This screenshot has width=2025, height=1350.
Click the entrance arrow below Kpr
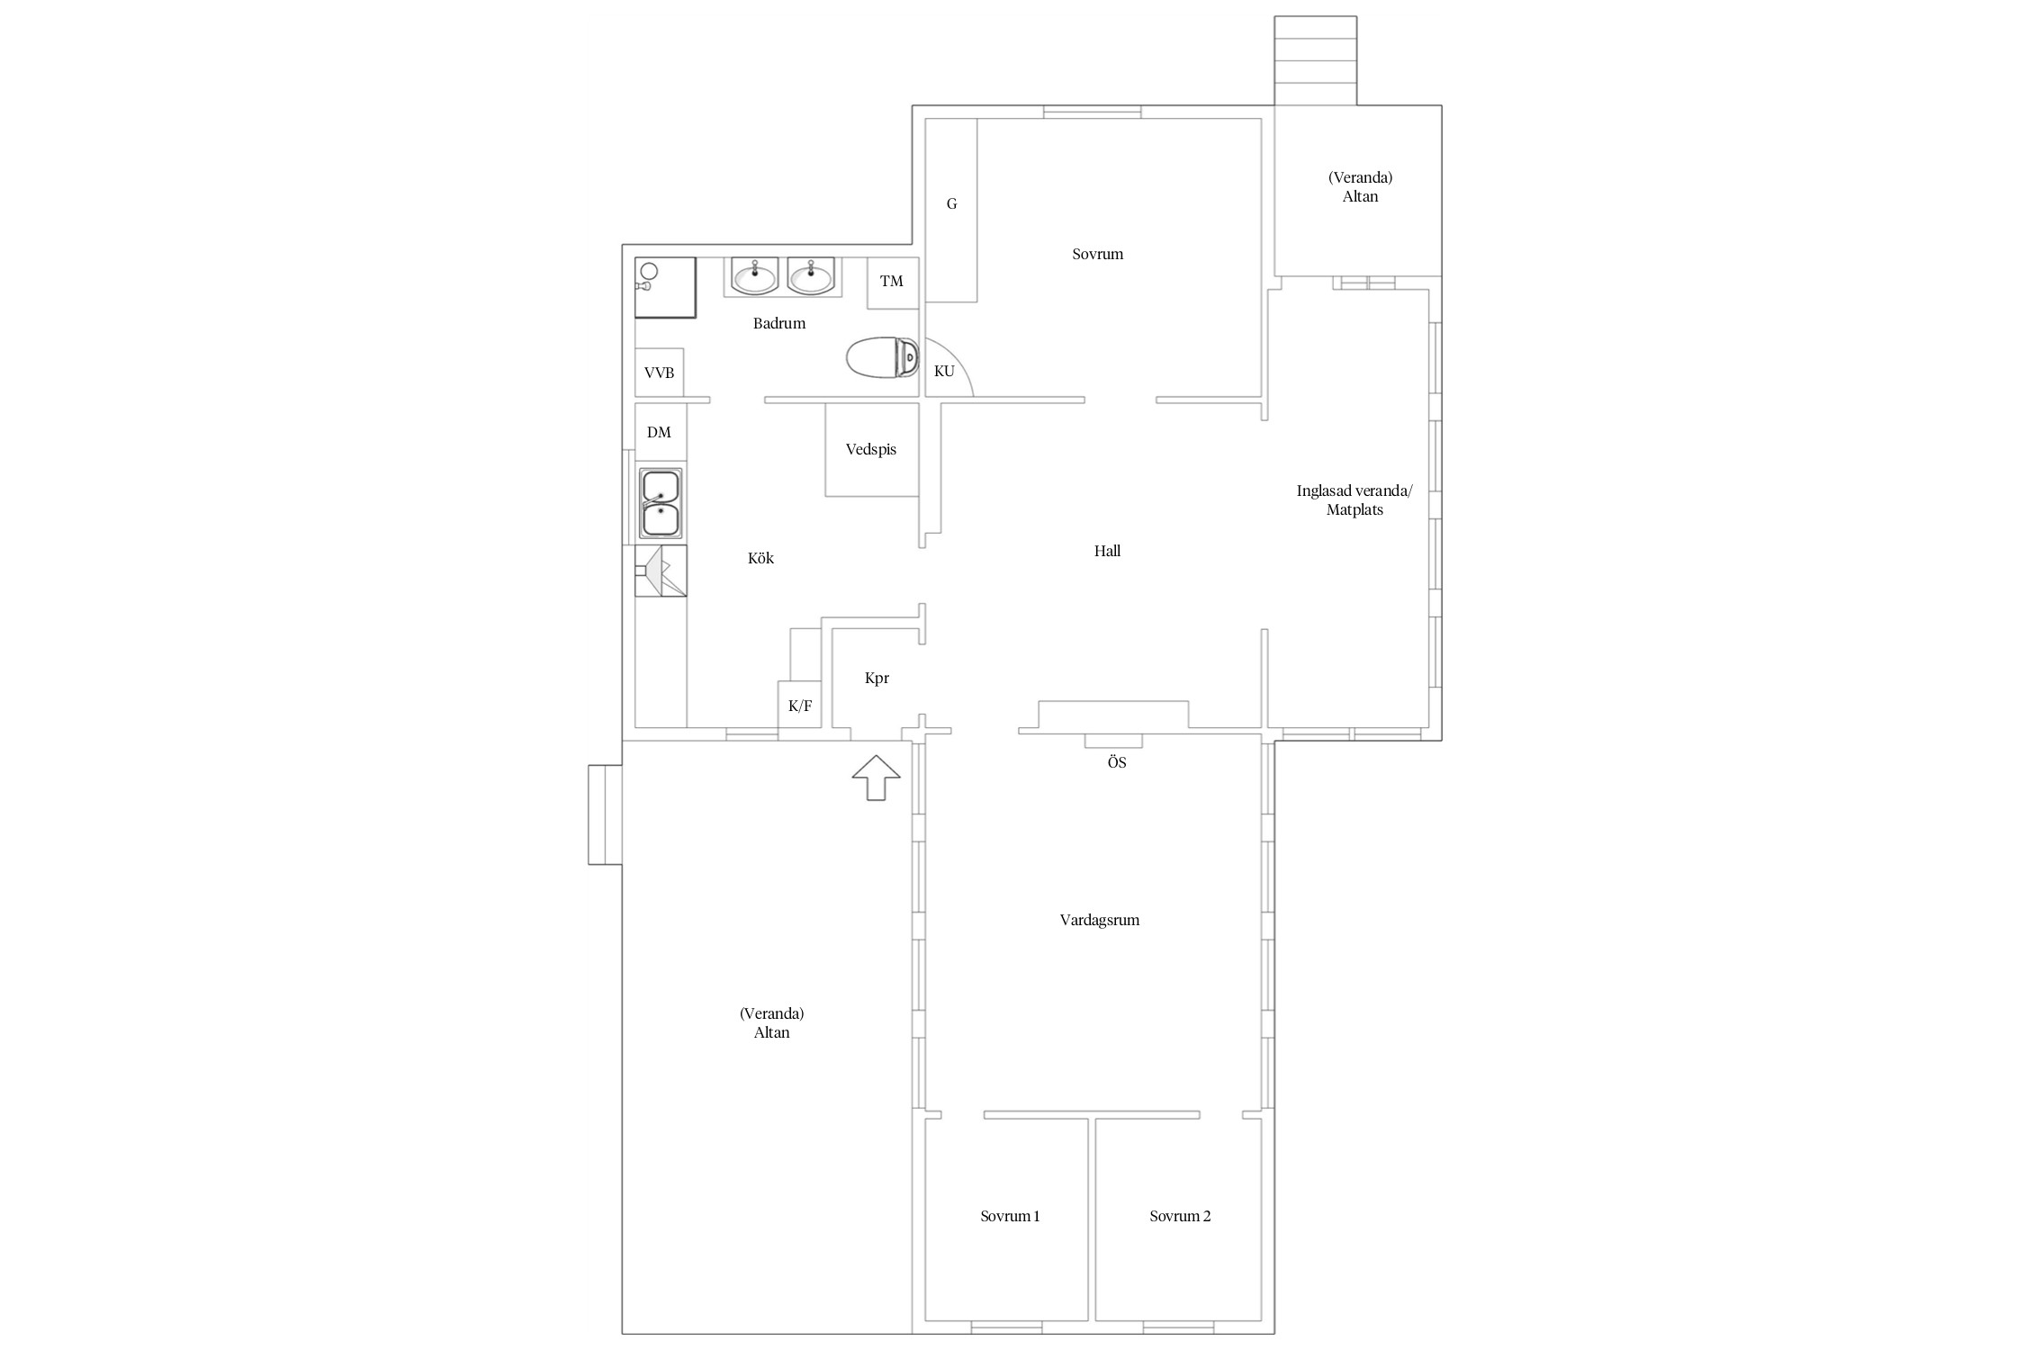pos(876,778)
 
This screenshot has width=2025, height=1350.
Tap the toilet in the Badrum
pos(883,358)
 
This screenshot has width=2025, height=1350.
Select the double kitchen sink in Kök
pos(661,503)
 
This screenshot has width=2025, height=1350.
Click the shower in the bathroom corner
pos(665,287)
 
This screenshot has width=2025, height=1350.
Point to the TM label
pos(891,282)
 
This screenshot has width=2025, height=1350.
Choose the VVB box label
pos(659,373)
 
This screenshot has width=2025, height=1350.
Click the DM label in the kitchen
pos(659,432)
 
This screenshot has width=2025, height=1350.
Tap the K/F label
pos(800,706)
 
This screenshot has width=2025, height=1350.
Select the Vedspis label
pos(871,449)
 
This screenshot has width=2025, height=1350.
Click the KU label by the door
pos(944,371)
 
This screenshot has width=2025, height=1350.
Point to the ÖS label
pos(1117,762)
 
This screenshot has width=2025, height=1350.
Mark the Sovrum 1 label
pos(1010,1216)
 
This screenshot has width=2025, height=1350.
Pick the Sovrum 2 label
pos(1180,1216)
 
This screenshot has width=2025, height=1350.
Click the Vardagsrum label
pos(1100,920)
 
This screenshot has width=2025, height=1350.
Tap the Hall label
pos(1107,551)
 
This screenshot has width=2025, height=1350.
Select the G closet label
pos(951,204)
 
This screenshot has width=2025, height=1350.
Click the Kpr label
pos(877,679)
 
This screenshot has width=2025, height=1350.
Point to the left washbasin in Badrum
pos(754,275)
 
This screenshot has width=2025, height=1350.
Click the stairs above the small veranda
pos(1315,60)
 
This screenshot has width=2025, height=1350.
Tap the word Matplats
pos(1354,510)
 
